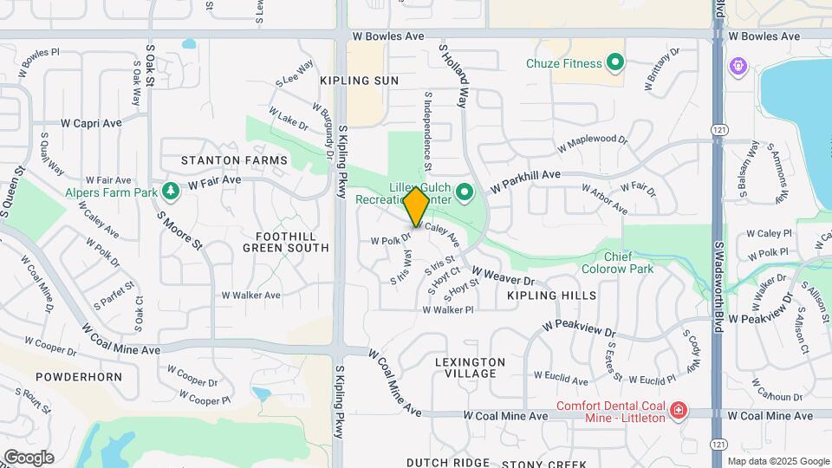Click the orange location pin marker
[x=416, y=206]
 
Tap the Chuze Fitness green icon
[x=615, y=62]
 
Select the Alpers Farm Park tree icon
[x=172, y=188]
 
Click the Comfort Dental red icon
[x=679, y=410]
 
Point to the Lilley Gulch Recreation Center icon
[x=465, y=192]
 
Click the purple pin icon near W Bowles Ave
[x=738, y=65]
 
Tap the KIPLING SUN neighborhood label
[x=359, y=81]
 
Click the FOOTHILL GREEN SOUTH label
[x=285, y=242]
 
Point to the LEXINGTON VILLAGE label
[x=471, y=367]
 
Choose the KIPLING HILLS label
[x=551, y=296]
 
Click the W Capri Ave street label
[x=91, y=123]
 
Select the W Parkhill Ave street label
[x=526, y=180]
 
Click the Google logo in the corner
[x=29, y=457]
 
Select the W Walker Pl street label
[x=448, y=309]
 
